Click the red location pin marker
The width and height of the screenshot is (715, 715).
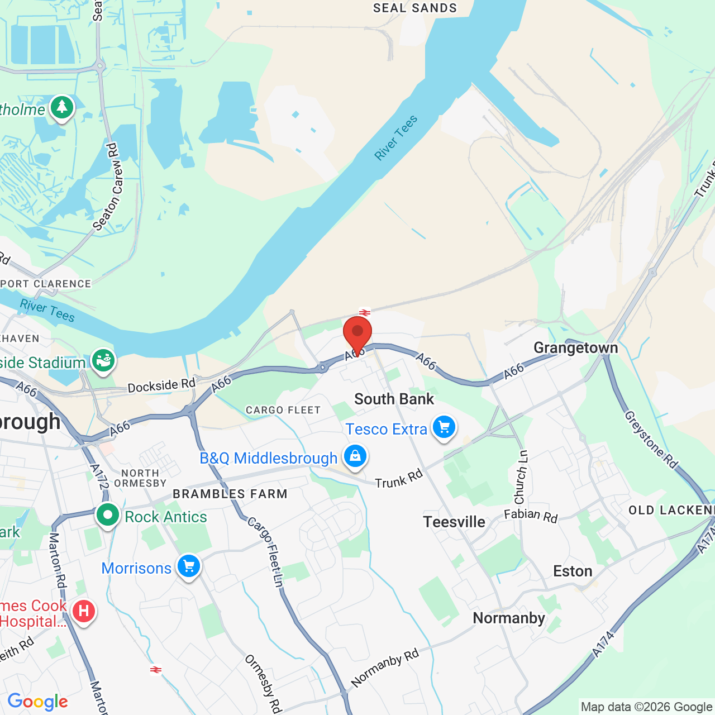pyautogui.click(x=357, y=332)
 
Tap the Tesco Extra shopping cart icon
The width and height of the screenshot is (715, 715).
pyautogui.click(x=444, y=428)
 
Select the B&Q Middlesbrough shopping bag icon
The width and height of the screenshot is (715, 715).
pyautogui.click(x=355, y=456)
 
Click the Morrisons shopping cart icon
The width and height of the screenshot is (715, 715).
pyautogui.click(x=189, y=566)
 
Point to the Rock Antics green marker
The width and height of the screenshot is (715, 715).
pyautogui.click(x=107, y=514)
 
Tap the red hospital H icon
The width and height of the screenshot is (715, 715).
pyautogui.click(x=84, y=611)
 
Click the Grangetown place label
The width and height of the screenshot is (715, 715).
pyautogui.click(x=575, y=348)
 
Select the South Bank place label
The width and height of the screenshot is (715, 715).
pyautogui.click(x=394, y=399)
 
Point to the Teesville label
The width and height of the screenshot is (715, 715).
pyautogui.click(x=454, y=522)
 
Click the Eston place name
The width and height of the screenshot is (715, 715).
pyautogui.click(x=573, y=571)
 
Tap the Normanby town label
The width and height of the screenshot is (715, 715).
pyautogui.click(x=508, y=618)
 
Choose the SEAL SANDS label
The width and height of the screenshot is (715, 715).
pyautogui.click(x=415, y=8)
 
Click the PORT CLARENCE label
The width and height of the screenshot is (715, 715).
pyautogui.click(x=46, y=284)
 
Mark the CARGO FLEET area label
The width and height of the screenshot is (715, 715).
pyautogui.click(x=283, y=410)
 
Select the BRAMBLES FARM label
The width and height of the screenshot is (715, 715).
pyautogui.click(x=230, y=494)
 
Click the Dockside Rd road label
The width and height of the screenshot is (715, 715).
pyautogui.click(x=161, y=385)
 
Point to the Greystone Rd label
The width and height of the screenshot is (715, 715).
pyautogui.click(x=651, y=440)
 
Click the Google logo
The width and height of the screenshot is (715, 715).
pyautogui.click(x=37, y=702)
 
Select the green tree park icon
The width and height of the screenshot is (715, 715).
pyautogui.click(x=62, y=107)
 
